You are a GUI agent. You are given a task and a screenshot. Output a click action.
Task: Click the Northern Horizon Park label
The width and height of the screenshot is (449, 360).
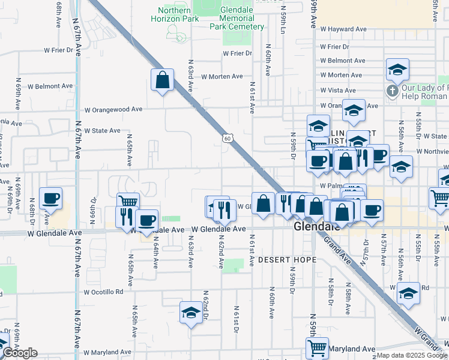click(x=178, y=14)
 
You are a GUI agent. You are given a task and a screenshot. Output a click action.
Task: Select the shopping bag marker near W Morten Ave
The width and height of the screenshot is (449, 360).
click(x=162, y=80)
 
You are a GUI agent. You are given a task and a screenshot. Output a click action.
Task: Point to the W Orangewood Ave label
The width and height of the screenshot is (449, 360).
click(x=113, y=110)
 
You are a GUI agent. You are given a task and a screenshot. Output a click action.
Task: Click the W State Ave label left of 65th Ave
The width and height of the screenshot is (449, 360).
click(x=102, y=130)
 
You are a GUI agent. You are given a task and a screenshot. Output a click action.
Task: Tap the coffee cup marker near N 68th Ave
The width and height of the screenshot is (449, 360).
click(x=51, y=199)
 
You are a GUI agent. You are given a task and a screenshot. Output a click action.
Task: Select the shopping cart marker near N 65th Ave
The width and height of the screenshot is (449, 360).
click(x=127, y=202)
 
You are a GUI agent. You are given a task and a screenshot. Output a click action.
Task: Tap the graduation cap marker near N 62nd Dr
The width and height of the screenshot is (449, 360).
click(x=191, y=313)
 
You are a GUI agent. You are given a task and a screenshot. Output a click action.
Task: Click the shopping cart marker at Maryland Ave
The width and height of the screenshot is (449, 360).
click(x=317, y=347)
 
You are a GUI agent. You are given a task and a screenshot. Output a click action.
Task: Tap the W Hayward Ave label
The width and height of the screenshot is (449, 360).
click(x=343, y=29)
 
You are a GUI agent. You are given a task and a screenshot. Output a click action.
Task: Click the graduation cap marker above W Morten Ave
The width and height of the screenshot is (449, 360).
click(x=397, y=70)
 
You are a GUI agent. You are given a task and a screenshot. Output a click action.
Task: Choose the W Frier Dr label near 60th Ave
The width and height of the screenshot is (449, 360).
click(x=237, y=53)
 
